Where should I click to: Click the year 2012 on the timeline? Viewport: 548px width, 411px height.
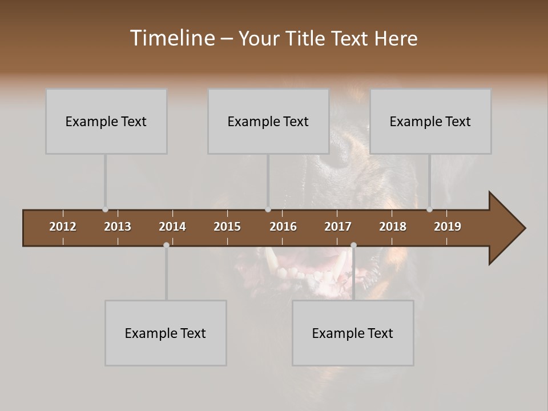[63, 227]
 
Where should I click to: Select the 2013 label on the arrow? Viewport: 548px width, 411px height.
[118, 227]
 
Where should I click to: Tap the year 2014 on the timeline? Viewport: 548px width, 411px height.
[172, 227]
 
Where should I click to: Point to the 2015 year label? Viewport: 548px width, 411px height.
[227, 227]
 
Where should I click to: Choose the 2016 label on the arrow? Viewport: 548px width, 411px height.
[283, 227]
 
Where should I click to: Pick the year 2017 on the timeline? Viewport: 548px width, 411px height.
[338, 227]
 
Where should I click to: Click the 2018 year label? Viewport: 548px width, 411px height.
[393, 227]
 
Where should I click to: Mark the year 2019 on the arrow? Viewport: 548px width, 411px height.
[448, 227]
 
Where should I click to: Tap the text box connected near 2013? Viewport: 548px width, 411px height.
[106, 121]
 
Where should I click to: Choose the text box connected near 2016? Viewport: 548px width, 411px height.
[268, 121]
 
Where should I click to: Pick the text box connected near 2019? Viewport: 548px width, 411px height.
[430, 121]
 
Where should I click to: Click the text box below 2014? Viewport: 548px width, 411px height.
[166, 333]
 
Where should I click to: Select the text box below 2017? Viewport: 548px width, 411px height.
[353, 333]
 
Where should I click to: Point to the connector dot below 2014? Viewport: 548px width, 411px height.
[166, 245]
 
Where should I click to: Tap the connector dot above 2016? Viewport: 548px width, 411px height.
[268, 209]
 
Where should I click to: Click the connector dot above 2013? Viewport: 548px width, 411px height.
[105, 209]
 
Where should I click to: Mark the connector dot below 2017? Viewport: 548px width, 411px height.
[353, 245]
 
